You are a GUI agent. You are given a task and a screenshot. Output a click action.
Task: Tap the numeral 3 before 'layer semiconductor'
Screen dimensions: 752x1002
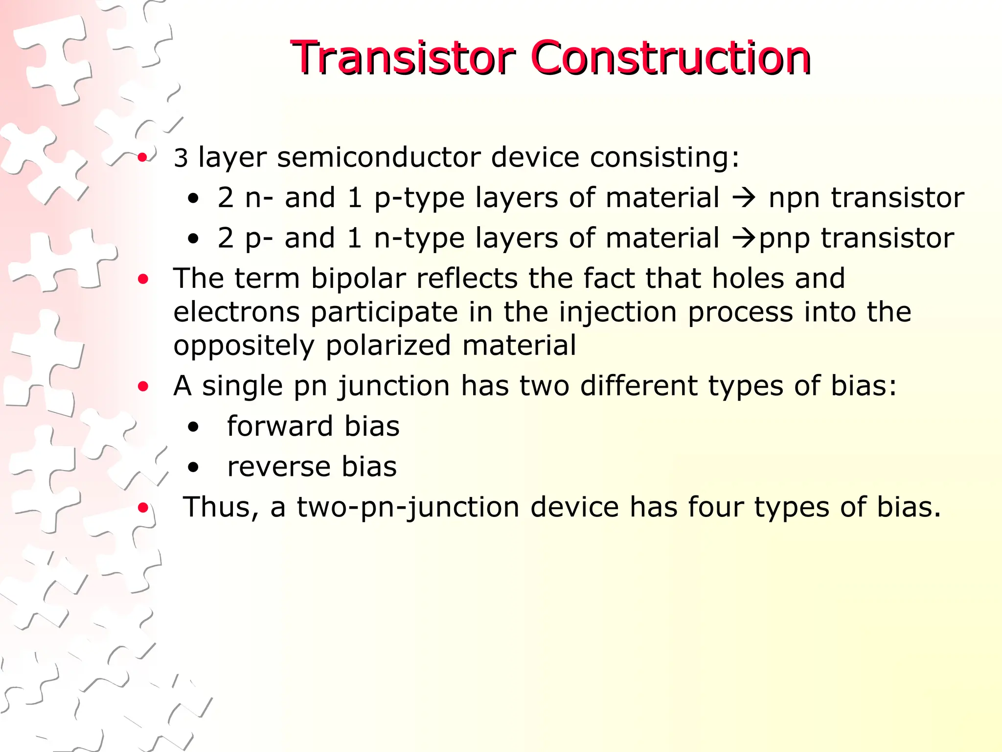[x=181, y=158]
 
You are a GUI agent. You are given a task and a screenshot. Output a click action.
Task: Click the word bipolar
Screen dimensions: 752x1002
[x=358, y=279]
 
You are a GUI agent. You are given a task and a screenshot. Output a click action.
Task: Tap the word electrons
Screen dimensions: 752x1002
[x=236, y=312]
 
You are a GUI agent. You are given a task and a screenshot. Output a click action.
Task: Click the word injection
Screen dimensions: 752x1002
[x=617, y=313]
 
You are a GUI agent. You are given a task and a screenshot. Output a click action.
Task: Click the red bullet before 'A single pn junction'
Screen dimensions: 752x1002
[x=143, y=387]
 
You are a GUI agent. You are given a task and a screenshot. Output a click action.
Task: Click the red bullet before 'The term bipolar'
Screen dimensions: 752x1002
[x=143, y=280]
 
